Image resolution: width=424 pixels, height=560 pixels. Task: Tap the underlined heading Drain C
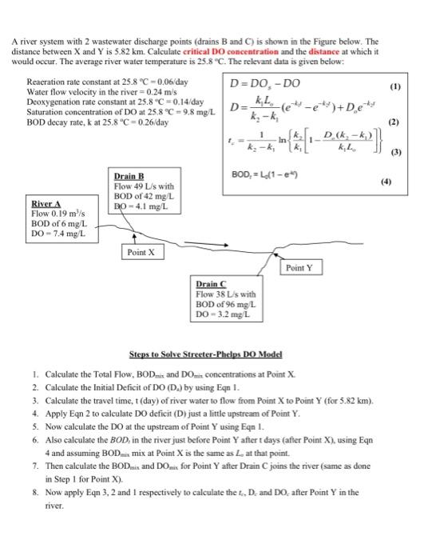click(211, 285)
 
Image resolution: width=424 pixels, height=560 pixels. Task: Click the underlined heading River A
click(46, 204)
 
